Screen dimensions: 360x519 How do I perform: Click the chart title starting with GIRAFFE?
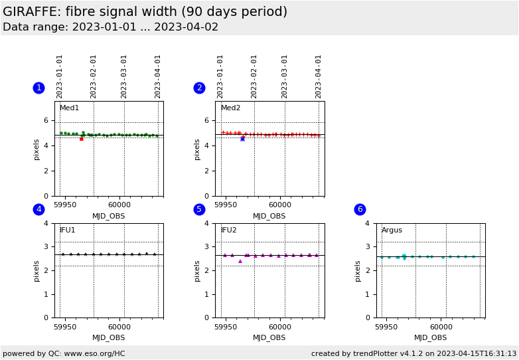click(x=145, y=12)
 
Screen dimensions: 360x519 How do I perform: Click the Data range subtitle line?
click(x=110, y=27)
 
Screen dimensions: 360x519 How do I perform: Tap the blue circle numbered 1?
click(x=38, y=88)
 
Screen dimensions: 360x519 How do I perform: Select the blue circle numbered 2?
click(x=199, y=88)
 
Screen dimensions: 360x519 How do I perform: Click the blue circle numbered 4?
click(x=38, y=209)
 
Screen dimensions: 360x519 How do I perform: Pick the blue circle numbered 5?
click(x=199, y=209)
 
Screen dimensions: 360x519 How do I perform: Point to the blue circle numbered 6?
click(x=360, y=209)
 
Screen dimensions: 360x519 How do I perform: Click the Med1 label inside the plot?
click(x=69, y=108)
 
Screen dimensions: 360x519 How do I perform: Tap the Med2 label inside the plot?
click(x=230, y=108)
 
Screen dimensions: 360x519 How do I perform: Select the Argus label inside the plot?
click(x=392, y=230)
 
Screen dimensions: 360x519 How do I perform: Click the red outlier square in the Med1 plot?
click(x=82, y=139)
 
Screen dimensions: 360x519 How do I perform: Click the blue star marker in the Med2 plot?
click(x=242, y=139)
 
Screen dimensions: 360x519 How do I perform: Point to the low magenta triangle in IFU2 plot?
click(x=240, y=261)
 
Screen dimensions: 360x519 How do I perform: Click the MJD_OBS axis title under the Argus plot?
click(x=430, y=337)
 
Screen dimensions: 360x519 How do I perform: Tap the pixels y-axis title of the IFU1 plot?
click(x=37, y=270)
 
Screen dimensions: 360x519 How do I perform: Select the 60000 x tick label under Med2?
click(x=279, y=206)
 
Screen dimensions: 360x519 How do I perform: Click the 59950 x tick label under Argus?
click(x=387, y=327)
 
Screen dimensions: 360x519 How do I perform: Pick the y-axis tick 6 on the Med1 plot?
click(x=46, y=120)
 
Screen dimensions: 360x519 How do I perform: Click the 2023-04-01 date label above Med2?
click(x=319, y=76)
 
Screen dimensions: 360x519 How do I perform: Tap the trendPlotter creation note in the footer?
click(x=413, y=353)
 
